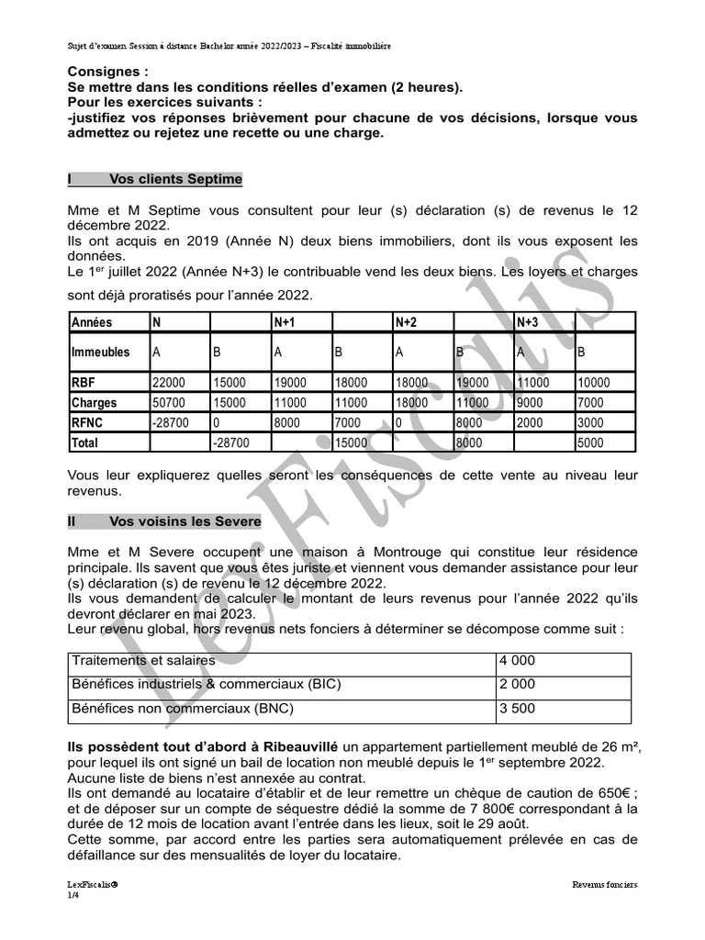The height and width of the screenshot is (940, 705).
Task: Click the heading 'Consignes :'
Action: tap(107, 72)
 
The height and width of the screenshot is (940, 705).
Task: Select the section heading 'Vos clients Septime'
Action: tap(175, 179)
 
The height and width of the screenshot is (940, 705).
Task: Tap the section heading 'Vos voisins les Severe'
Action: tap(185, 520)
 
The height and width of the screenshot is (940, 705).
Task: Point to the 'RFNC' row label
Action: tap(90, 422)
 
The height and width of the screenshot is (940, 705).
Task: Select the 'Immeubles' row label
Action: tap(100, 352)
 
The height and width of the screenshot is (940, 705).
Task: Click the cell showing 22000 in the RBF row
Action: tap(168, 382)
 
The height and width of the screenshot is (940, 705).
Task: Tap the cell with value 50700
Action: tap(168, 402)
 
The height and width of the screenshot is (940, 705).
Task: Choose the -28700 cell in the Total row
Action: tap(229, 442)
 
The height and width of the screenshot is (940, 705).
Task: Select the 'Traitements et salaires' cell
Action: tap(143, 661)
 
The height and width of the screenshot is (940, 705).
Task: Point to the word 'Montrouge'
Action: tap(401, 552)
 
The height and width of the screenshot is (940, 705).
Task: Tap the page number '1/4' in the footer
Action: tap(73, 895)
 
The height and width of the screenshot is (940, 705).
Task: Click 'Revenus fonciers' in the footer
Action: tap(604, 885)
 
